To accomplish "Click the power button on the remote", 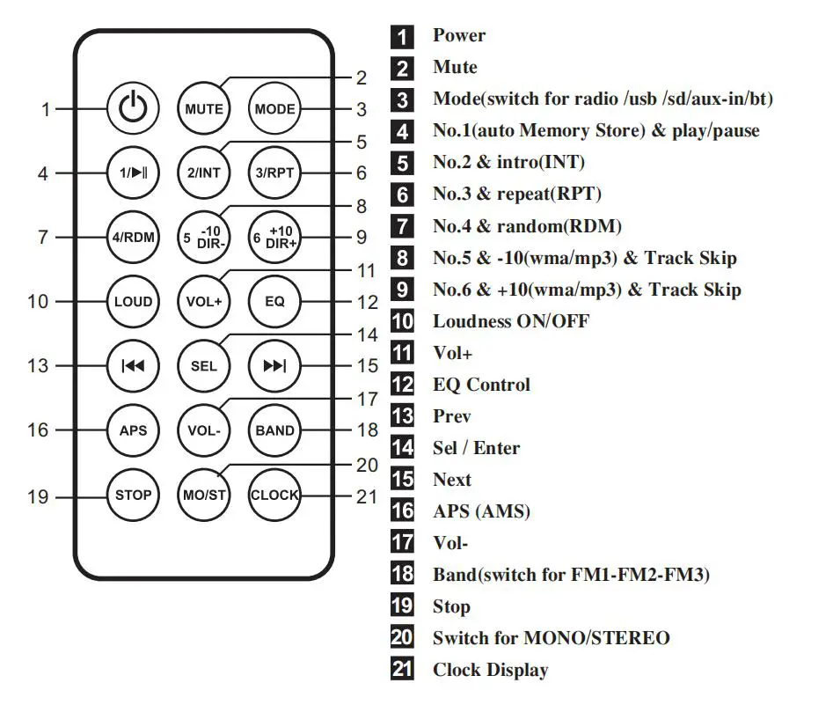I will click(134, 110).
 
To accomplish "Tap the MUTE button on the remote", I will click(203, 110).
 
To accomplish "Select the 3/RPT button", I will click(274, 173).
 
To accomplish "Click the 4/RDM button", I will click(134, 238).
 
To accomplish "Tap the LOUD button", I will click(134, 302).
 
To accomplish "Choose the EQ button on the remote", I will click(274, 302).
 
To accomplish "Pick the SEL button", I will click(203, 366).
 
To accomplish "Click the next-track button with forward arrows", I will click(274, 366).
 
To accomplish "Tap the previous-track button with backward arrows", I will click(134, 366).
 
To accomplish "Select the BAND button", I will click(274, 430).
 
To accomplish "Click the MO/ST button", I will click(203, 495).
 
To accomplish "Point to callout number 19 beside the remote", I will click(38, 497).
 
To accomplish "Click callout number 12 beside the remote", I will click(367, 302).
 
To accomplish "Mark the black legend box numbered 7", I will click(402, 226).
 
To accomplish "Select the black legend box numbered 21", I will click(402, 670).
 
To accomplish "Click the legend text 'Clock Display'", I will click(490, 670).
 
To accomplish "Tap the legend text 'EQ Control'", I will click(481, 385).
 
